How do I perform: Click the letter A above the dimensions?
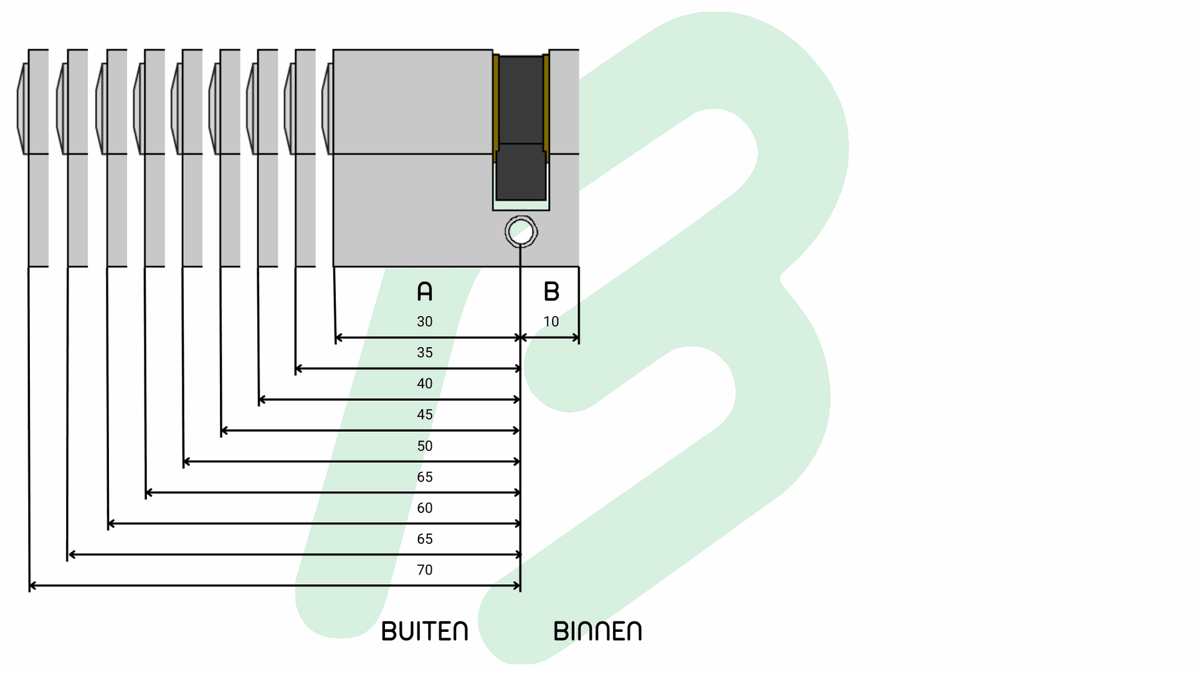[x=424, y=291]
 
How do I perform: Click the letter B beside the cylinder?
[x=551, y=291]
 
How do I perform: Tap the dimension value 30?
[x=424, y=322]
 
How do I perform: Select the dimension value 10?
[x=551, y=322]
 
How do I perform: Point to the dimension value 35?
[x=424, y=353]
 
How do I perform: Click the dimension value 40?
[x=424, y=384]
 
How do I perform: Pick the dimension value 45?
[x=424, y=415]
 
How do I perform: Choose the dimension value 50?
[x=424, y=446]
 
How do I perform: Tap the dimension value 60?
[x=424, y=508]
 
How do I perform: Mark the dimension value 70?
[x=424, y=570]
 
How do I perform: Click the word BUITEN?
[x=424, y=631]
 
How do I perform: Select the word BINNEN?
[x=597, y=631]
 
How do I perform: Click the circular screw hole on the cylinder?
[x=521, y=232]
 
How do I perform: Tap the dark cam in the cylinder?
[x=521, y=125]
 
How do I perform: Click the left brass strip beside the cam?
[x=496, y=106]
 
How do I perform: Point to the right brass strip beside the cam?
[x=546, y=106]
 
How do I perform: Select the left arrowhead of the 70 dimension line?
[x=32, y=586]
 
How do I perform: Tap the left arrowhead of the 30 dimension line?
[x=339, y=338]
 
